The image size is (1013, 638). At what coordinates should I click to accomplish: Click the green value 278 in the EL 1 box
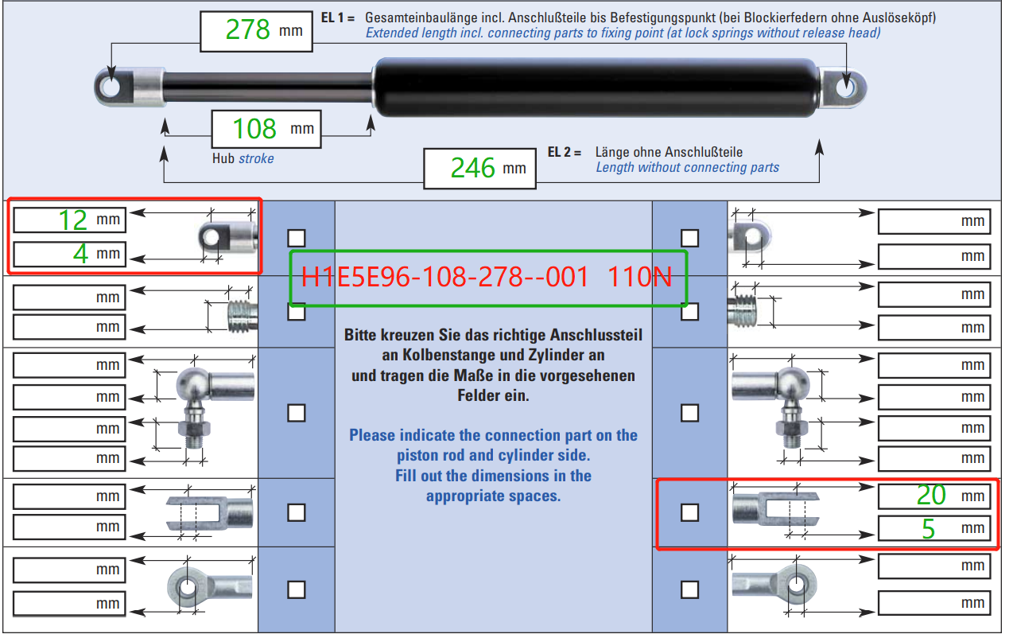[247, 30]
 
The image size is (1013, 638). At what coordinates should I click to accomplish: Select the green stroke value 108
[254, 129]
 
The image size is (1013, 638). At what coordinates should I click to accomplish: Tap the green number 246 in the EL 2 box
[472, 168]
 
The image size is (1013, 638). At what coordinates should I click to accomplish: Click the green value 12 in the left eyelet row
[73, 220]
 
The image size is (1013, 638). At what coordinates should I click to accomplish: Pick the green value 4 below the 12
[80, 254]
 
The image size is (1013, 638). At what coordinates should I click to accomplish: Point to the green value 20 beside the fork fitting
[931, 495]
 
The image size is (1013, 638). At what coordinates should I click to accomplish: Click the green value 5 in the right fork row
[929, 528]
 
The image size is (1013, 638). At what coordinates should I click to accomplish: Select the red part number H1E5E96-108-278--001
[444, 277]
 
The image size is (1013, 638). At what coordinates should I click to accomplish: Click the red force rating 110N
[639, 277]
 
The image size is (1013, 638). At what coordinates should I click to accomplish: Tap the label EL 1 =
[338, 18]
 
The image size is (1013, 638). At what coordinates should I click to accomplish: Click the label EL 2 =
[565, 152]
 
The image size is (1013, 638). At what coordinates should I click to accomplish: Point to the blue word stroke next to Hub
[256, 159]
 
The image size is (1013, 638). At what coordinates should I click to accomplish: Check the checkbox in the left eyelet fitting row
[297, 238]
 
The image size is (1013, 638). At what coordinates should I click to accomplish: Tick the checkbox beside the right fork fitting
[689, 512]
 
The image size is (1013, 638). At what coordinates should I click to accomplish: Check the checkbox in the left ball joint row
[297, 413]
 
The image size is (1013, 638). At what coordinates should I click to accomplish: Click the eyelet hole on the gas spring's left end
[111, 87]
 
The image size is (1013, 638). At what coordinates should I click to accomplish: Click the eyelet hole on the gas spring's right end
[845, 88]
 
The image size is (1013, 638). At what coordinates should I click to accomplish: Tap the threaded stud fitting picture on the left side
[243, 316]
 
